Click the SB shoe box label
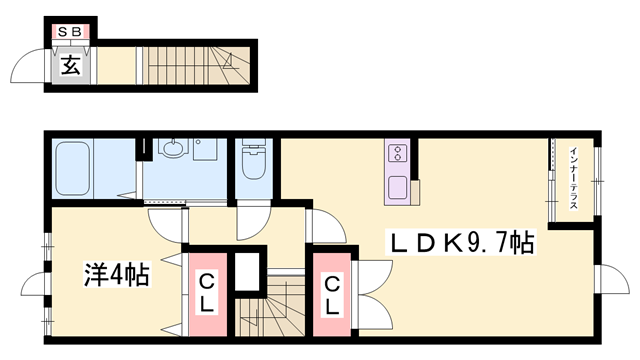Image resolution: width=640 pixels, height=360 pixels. (70, 31)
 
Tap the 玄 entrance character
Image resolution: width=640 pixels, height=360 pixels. (70, 65)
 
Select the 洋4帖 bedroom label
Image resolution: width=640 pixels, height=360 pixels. (117, 275)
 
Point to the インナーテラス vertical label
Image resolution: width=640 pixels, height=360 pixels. (573, 178)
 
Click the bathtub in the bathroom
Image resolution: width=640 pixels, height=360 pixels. (73, 168)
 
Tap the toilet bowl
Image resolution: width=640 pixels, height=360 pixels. (253, 163)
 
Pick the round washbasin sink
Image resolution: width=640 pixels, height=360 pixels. (173, 148)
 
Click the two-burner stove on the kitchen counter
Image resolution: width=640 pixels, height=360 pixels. (398, 153)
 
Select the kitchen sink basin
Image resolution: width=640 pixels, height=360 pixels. (397, 188)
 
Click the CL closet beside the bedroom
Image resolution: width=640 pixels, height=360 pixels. (207, 293)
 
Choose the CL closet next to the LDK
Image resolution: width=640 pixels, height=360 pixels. (332, 295)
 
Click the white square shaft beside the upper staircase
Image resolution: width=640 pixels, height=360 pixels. (247, 271)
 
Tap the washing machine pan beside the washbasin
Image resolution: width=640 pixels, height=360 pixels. (206, 149)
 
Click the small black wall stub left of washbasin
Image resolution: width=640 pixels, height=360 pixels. (144, 149)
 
